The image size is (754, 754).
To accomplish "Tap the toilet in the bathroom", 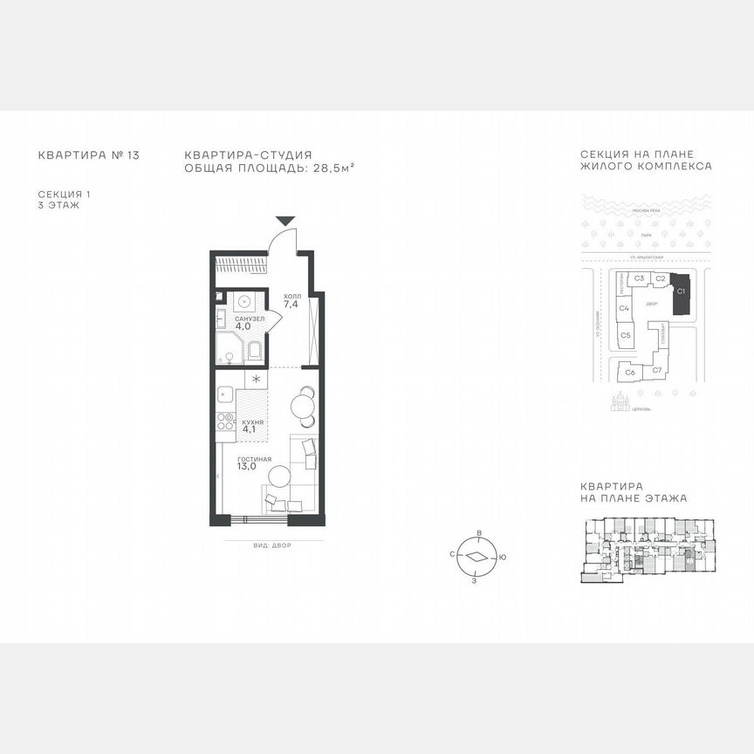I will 255,351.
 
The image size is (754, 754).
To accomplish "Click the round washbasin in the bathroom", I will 245,303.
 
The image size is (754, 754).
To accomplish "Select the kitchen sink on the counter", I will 223,394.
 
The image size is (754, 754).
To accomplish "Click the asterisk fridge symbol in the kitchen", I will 256,379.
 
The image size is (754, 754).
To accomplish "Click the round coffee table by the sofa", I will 279,476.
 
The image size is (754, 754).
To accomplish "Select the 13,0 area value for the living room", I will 246,467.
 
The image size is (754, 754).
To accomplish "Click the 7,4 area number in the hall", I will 291,305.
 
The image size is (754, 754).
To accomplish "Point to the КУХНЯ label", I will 252,422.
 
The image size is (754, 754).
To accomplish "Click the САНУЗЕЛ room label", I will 250,319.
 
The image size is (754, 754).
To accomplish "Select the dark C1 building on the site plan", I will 682,292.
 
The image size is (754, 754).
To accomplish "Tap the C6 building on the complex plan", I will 628,373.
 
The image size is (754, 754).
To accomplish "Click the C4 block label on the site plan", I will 624,308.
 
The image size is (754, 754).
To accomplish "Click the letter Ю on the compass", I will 504,557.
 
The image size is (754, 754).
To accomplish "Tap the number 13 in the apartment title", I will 133,155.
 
